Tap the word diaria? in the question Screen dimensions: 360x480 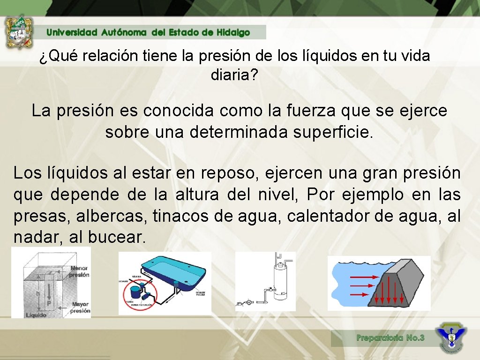234,75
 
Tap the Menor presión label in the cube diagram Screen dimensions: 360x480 79,271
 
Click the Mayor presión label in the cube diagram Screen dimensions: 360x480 80,307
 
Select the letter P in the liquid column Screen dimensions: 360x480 49,303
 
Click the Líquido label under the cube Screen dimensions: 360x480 36,315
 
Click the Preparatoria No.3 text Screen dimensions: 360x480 390,337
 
